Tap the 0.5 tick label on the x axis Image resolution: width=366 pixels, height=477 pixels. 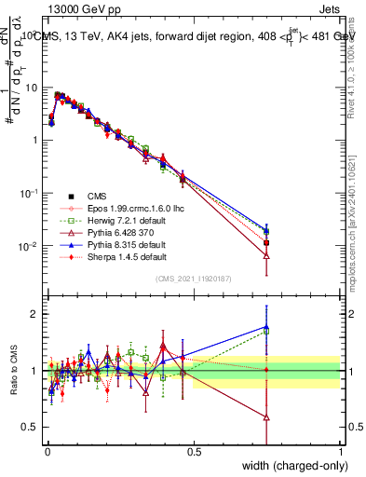pos(194,452)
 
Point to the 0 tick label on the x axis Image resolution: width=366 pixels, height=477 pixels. pos(47,452)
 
